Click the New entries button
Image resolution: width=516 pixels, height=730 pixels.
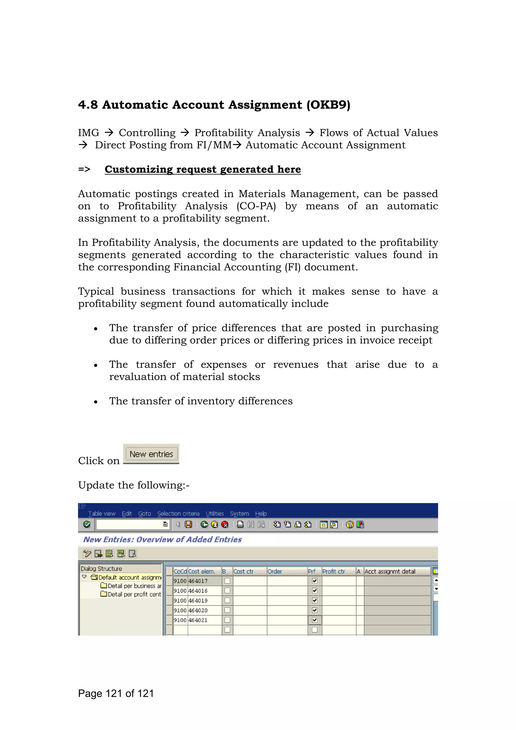(151, 454)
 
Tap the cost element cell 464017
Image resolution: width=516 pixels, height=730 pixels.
(198, 581)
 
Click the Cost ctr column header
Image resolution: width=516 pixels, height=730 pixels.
(244, 571)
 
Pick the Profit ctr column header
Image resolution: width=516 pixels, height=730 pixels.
(334, 571)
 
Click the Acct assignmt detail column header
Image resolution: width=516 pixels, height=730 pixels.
(390, 571)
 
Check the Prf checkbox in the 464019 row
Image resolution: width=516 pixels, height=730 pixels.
(315, 600)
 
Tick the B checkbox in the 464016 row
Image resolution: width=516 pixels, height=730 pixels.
(227, 591)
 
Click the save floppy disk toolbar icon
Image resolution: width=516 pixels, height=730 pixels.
(188, 525)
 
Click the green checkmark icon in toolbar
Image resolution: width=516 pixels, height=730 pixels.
(87, 525)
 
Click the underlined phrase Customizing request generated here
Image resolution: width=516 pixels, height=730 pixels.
(203, 170)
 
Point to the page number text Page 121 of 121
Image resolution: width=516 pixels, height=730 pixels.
(116, 693)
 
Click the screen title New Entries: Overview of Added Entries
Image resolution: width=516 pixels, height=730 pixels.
(163, 539)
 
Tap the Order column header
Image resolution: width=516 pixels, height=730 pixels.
(275, 571)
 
